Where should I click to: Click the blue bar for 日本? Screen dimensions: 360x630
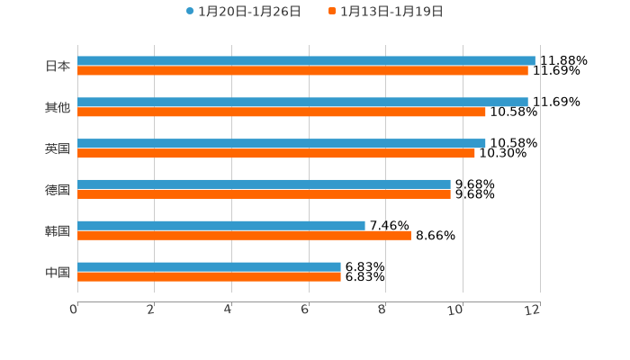click(306, 60)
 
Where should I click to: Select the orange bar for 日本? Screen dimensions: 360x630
click(302, 70)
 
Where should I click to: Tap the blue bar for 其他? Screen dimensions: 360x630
click(302, 102)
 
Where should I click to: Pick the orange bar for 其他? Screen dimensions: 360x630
click(282, 112)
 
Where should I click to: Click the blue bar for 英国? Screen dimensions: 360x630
click(282, 143)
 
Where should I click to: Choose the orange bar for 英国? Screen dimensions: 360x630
click(276, 153)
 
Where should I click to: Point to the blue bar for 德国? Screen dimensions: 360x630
click(264, 184)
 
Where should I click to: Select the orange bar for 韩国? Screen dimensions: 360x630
click(244, 235)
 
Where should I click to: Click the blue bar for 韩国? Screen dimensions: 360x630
click(221, 225)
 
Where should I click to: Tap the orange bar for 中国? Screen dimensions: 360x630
click(209, 276)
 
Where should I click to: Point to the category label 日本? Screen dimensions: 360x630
click(58, 66)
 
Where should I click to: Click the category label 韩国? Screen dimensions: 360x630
click(58, 230)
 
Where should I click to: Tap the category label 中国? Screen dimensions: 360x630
click(58, 272)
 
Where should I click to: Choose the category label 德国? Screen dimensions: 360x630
click(58, 189)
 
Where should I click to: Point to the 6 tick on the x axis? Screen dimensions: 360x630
click(305, 310)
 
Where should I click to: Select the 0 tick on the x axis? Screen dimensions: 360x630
click(74, 310)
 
